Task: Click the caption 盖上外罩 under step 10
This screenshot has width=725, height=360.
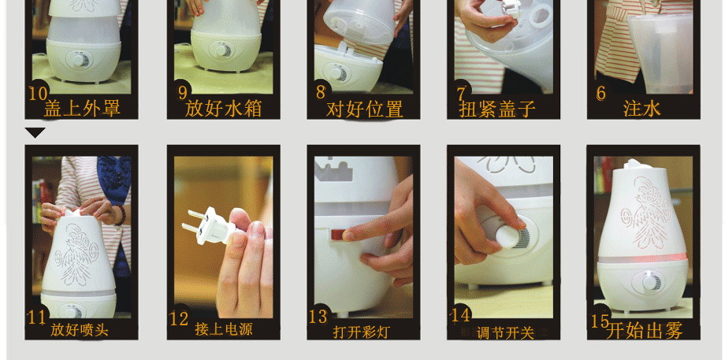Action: click(x=82, y=109)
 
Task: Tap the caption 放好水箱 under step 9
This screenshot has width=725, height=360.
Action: click(x=223, y=109)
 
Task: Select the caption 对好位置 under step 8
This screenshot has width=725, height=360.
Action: click(x=364, y=109)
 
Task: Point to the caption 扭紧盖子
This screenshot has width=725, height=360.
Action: click(x=497, y=109)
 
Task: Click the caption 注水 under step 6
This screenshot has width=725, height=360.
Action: click(x=641, y=109)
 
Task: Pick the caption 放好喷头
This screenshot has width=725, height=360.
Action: click(x=80, y=330)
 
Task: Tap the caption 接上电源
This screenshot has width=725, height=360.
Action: click(x=224, y=329)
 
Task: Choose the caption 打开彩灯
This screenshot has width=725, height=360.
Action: click(x=362, y=332)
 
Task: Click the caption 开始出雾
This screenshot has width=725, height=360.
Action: click(x=644, y=330)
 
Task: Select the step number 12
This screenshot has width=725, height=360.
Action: click(x=179, y=319)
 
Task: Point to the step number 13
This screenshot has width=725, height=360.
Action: click(x=318, y=317)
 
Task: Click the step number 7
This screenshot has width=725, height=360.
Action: click(x=461, y=93)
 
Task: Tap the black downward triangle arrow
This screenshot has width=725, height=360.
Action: click(x=35, y=132)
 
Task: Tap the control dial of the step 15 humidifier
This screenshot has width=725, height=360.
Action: click(x=649, y=282)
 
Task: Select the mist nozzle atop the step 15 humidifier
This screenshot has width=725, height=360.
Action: click(x=635, y=164)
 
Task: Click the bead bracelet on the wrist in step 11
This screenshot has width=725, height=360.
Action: click(x=121, y=215)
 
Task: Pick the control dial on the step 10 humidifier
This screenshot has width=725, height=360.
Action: click(x=80, y=61)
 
